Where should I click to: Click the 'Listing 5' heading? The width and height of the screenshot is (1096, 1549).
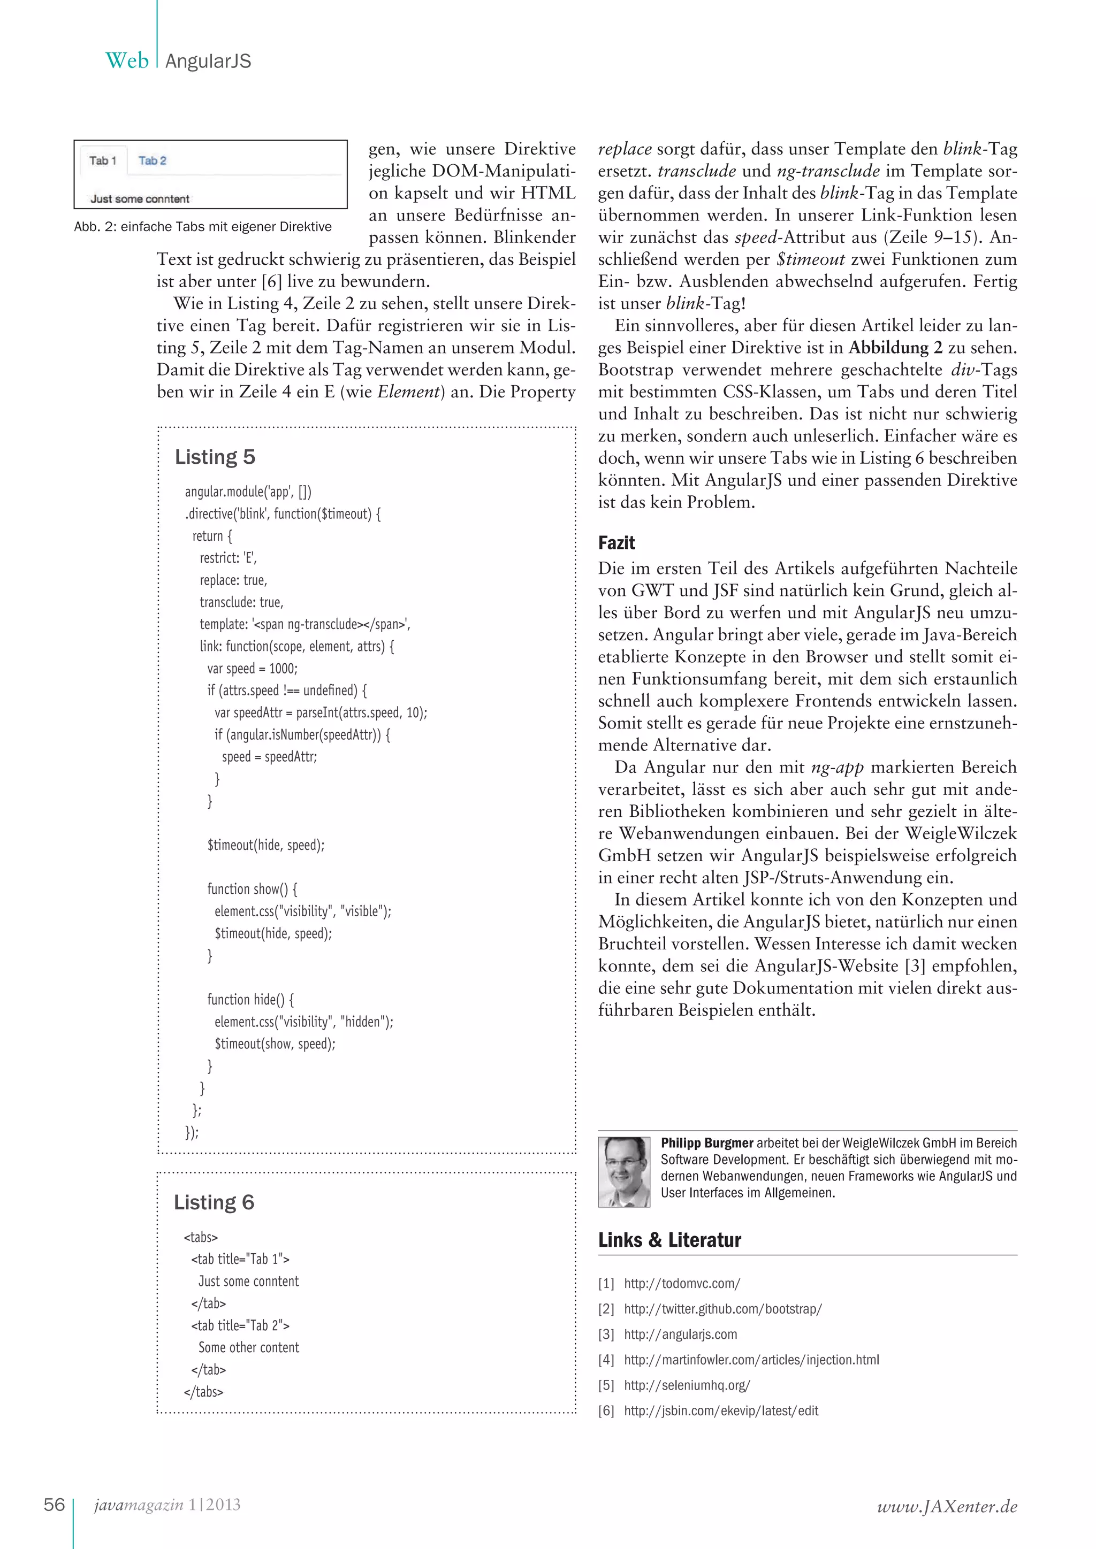coord(215,457)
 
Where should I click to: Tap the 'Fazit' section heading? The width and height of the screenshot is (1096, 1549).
coord(616,543)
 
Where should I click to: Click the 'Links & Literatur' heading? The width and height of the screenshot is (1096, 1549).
coord(669,1239)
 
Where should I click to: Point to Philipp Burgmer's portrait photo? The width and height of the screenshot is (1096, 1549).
coord(623,1171)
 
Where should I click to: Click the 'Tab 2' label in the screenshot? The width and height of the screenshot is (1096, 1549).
coord(152,160)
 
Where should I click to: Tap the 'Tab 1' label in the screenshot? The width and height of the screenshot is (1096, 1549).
coord(103,160)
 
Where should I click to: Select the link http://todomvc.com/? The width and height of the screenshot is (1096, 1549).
coord(682,1283)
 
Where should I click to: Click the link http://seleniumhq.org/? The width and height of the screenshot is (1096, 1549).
coord(687,1385)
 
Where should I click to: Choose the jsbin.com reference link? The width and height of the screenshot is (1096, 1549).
coord(721,1410)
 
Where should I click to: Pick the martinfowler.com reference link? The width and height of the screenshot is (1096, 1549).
coord(751,1360)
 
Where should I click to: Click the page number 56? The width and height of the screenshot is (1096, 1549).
coord(54,1505)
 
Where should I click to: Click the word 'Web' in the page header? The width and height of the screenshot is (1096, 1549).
coord(127,61)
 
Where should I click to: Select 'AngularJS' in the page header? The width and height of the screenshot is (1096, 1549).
coord(208,62)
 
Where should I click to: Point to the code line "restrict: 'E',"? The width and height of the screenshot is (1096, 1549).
coord(227,558)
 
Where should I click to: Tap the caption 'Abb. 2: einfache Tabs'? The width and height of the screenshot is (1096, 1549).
coord(202,227)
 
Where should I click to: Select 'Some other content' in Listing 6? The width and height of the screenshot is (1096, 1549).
coord(248,1347)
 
